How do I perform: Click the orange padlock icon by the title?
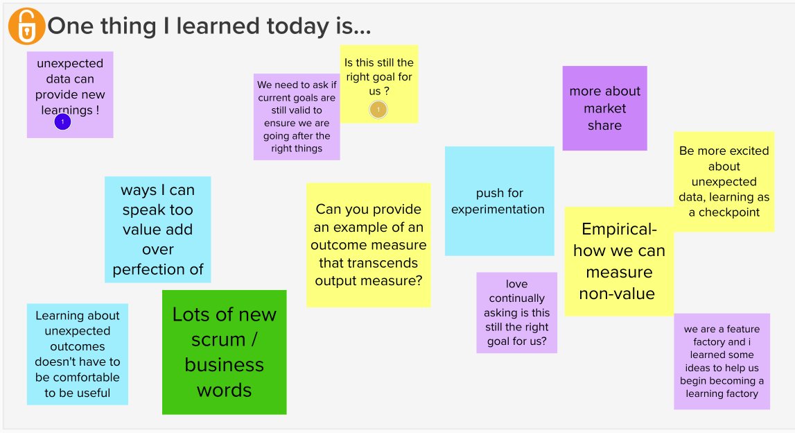pyautogui.click(x=26, y=27)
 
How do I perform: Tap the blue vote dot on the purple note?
pyautogui.click(x=62, y=122)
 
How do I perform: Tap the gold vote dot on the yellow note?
pyautogui.click(x=378, y=109)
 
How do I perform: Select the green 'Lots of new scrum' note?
pyautogui.click(x=224, y=352)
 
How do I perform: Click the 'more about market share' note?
pyautogui.click(x=604, y=108)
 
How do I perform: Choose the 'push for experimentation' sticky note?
pyautogui.click(x=499, y=201)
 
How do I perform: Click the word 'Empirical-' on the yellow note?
pyautogui.click(x=619, y=230)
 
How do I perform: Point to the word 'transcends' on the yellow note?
pyautogui.click(x=368, y=263)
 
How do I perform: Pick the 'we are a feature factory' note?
pyautogui.click(x=722, y=361)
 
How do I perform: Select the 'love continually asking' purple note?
pyautogui.click(x=516, y=312)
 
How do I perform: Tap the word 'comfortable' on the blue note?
pyautogui.click(x=78, y=377)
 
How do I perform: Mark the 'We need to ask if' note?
pyautogui.click(x=297, y=117)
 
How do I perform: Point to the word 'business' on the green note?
pyautogui.click(x=224, y=365)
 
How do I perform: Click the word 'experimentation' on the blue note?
pyautogui.click(x=498, y=209)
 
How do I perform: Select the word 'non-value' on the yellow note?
pyautogui.click(x=617, y=294)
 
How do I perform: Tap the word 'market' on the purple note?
pyautogui.click(x=604, y=108)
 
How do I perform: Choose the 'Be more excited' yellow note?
pyautogui.click(x=724, y=181)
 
